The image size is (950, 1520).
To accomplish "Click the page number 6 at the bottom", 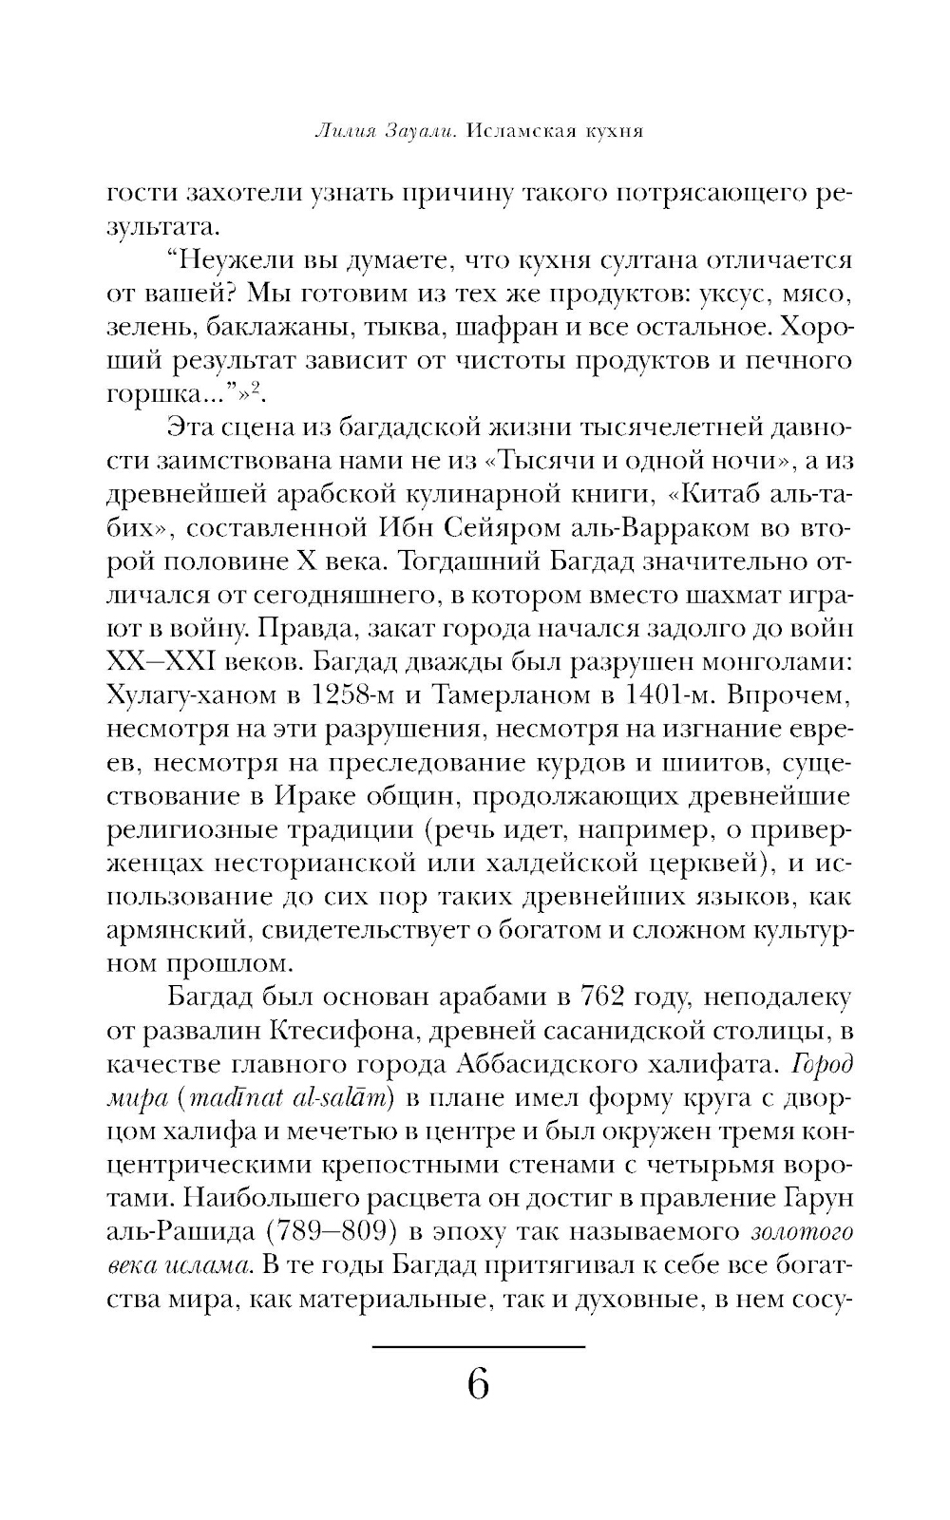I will [478, 1385].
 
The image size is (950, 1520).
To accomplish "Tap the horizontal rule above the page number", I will [478, 1346].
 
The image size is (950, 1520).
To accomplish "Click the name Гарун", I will [816, 1198].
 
